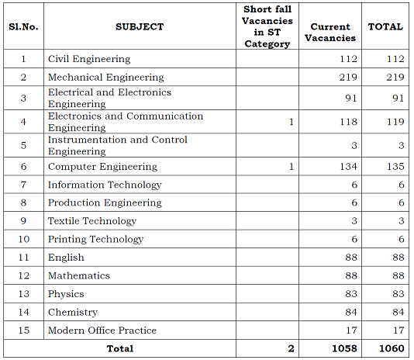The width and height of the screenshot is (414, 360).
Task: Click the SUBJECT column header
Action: pos(140,26)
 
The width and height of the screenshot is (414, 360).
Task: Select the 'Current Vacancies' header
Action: pos(330,33)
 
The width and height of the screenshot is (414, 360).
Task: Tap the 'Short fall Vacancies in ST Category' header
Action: pos(267,26)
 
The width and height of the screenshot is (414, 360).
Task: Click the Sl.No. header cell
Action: pos(23,26)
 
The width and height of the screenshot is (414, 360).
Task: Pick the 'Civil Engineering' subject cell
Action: pos(89,59)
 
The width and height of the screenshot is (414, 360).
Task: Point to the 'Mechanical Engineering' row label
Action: pos(106,78)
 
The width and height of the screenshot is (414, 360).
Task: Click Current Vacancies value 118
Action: pos(348,122)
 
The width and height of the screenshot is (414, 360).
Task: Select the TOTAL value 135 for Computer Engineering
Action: pos(395,167)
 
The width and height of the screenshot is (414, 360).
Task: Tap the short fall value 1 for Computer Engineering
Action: pos(292,167)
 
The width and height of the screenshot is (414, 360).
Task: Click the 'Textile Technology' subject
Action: pos(92,221)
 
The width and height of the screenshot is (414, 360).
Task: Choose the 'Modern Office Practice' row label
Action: pos(102,331)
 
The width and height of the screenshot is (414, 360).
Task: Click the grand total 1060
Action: pos(392,348)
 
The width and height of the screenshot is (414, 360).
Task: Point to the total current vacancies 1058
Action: pos(344,348)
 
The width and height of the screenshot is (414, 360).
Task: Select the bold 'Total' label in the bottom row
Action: pos(120,348)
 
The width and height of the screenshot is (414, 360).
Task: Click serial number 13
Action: pos(24,294)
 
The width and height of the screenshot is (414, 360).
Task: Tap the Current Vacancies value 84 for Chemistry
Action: pos(351,312)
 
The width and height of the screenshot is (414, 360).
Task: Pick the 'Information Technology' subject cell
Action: pos(105,185)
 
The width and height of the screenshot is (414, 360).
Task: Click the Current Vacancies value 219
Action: pos(348,77)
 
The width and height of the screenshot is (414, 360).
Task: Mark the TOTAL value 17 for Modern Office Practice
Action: pos(398,331)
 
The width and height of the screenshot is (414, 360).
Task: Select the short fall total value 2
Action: pos(292,348)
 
